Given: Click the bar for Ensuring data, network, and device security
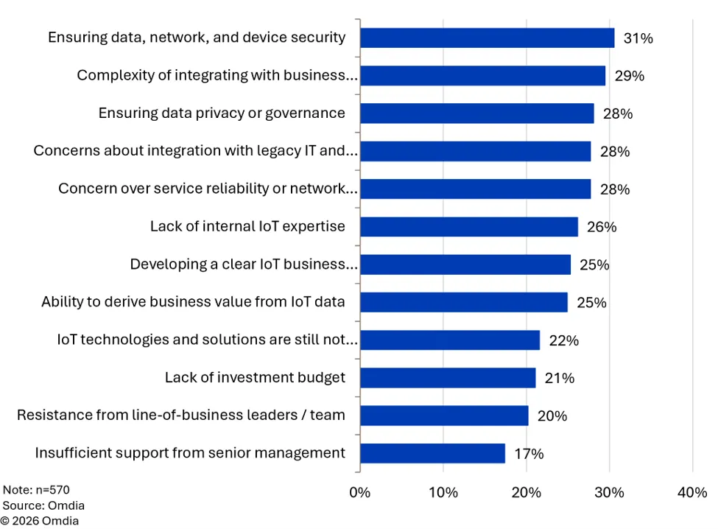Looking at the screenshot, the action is (x=488, y=38).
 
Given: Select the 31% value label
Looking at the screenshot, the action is (x=638, y=38).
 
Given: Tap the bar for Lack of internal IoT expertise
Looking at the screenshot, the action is (x=469, y=227).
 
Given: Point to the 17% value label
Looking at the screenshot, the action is (x=529, y=453).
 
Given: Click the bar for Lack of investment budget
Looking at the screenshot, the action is (x=448, y=378).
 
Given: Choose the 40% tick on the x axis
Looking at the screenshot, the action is (x=692, y=492).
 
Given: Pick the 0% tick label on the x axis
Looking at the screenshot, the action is (x=359, y=492).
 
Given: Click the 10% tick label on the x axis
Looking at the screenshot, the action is (x=443, y=492).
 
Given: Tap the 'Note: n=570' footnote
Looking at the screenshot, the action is (x=36, y=490).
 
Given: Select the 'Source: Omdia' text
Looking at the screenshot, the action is (x=43, y=505).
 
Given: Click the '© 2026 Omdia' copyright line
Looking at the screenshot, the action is (x=39, y=521).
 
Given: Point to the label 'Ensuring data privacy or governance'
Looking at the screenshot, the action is (x=222, y=113).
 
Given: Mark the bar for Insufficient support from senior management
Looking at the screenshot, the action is (x=433, y=453).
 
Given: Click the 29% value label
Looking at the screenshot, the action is (x=629, y=76).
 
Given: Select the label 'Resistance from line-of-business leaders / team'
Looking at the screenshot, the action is (x=181, y=415).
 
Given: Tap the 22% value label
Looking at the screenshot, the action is (x=563, y=340).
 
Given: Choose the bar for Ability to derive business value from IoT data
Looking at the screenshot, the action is (x=464, y=302).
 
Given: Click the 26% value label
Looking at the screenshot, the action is (x=602, y=227).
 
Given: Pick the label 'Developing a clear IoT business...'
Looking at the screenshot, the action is (x=244, y=264).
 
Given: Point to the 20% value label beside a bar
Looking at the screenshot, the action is (x=552, y=416).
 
